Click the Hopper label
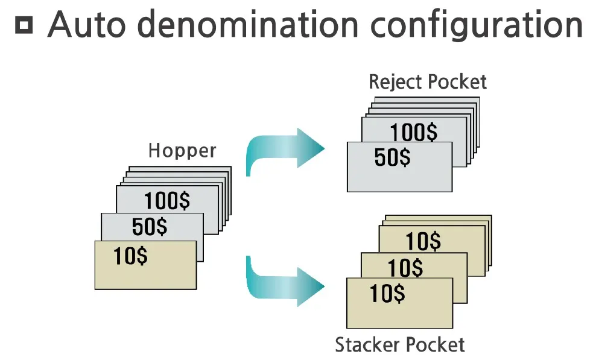tap(182, 150)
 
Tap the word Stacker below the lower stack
tap(366, 345)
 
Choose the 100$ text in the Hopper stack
tap(167, 201)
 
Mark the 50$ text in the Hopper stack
tap(150, 227)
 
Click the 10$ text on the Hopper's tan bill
tap(131, 256)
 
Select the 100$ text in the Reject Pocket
tap(414, 132)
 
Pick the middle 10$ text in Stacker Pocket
tap(405, 267)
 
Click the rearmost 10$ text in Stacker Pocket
tap(423, 241)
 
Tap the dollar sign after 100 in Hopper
tap(183, 201)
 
